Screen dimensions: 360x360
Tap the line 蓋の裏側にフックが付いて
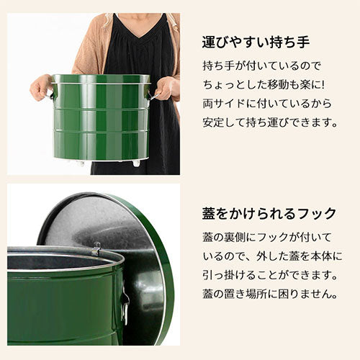(x=269, y=237)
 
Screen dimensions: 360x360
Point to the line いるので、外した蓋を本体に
(x=271, y=256)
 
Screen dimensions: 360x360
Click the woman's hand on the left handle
(x=40, y=88)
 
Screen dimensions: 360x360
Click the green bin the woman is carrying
(x=101, y=119)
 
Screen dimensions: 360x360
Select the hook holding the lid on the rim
(x=96, y=250)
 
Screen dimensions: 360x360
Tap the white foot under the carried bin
(x=136, y=163)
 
